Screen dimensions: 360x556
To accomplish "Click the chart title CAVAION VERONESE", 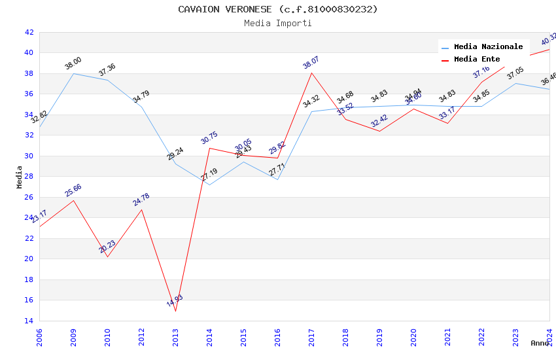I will pyautogui.click(x=278, y=9).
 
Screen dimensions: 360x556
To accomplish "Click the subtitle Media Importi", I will pyautogui.click(x=278, y=24).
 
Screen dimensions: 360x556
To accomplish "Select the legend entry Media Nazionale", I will pyautogui.click(x=488, y=47).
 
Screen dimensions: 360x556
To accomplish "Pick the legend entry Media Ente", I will pyautogui.click(x=477, y=60).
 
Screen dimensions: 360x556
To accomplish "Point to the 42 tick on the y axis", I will pyautogui.click(x=29, y=32).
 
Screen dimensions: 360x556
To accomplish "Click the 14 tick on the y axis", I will pyautogui.click(x=29, y=321).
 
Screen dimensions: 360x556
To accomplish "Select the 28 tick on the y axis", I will pyautogui.click(x=29, y=177).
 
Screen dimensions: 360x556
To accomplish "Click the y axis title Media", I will pyautogui.click(x=20, y=177).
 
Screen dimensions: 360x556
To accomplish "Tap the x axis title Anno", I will pyautogui.click(x=540, y=343).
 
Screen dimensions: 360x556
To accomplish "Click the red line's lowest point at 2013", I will pyautogui.click(x=175, y=311).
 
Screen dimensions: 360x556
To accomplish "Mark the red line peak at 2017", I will pyautogui.click(x=311, y=73).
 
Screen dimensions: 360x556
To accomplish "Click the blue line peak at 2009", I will pyautogui.click(x=73, y=73).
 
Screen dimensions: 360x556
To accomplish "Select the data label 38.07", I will pyautogui.click(x=311, y=63).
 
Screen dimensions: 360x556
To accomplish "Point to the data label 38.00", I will pyautogui.click(x=73, y=63).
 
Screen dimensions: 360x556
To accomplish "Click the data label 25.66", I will pyautogui.click(x=73, y=190).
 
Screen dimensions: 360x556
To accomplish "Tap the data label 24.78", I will pyautogui.click(x=141, y=200).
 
